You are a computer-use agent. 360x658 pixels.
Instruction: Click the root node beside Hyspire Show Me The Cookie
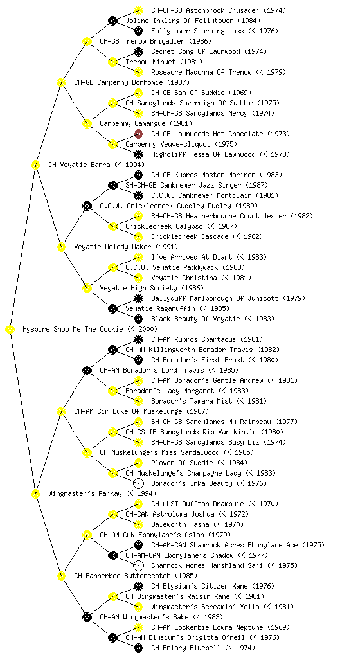click(10, 330)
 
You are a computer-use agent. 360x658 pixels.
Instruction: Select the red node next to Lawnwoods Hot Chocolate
click(138, 134)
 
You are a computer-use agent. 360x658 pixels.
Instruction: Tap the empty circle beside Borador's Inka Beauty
click(138, 483)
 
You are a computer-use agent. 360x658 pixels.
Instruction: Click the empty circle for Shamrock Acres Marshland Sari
click(138, 565)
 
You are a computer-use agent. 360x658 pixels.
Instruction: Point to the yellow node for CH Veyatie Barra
click(35, 165)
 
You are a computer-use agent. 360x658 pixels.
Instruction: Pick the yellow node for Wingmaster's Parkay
click(35, 494)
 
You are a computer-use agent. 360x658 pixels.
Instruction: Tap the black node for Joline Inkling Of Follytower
click(113, 21)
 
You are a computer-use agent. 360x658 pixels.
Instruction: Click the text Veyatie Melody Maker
click(113, 247)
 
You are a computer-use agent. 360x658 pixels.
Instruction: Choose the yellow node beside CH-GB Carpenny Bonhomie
click(61, 83)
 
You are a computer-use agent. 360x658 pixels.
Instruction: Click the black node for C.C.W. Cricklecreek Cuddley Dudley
click(87, 206)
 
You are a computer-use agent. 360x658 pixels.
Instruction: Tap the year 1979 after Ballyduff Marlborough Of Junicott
click(294, 298)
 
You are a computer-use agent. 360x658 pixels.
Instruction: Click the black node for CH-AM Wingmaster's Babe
click(87, 618)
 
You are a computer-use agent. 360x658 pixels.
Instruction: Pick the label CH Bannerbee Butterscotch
click(123, 576)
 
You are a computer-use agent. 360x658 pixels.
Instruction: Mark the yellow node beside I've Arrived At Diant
click(138, 257)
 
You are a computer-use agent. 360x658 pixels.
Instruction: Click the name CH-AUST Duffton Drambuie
click(197, 504)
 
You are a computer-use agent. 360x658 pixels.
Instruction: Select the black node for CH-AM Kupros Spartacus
click(138, 339)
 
